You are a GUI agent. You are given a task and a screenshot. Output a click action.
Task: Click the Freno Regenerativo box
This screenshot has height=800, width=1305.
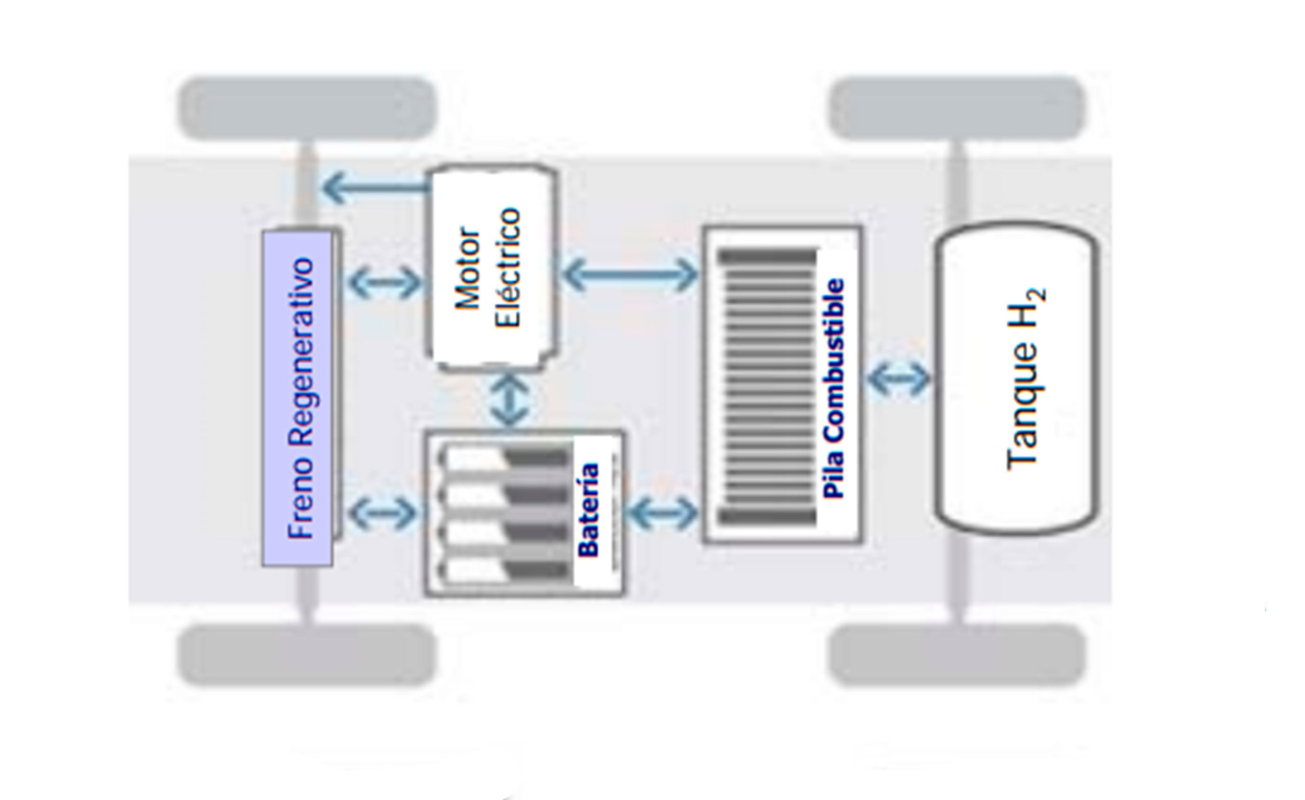[299, 397]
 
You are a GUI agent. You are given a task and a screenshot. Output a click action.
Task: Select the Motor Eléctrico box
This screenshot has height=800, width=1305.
[491, 268]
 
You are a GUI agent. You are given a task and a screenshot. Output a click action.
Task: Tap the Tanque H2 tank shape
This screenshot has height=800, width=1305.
[1015, 379]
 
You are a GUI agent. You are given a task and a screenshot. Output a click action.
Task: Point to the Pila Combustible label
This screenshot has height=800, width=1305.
[834, 388]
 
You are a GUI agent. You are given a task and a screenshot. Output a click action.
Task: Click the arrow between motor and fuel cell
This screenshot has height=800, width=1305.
[631, 275]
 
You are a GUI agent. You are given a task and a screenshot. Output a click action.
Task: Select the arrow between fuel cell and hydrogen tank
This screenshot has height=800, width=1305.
[898, 379]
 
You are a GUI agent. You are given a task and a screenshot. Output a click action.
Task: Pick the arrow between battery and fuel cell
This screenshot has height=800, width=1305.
[662, 513]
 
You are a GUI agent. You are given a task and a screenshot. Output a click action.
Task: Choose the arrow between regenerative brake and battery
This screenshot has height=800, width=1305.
[383, 513]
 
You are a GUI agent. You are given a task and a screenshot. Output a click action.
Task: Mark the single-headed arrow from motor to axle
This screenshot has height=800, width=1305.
[373, 188]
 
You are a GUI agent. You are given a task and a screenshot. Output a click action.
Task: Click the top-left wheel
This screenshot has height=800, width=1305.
[308, 108]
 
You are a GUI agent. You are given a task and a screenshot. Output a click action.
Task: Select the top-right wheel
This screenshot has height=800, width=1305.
[957, 108]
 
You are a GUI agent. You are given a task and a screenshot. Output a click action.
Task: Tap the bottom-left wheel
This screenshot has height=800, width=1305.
[308, 655]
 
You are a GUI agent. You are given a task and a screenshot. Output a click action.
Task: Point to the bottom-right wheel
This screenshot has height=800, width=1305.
[957, 656]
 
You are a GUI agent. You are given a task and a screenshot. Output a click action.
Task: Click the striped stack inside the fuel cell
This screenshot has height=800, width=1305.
[768, 386]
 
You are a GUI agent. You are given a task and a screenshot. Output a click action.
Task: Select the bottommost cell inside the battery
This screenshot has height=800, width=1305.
[508, 571]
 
